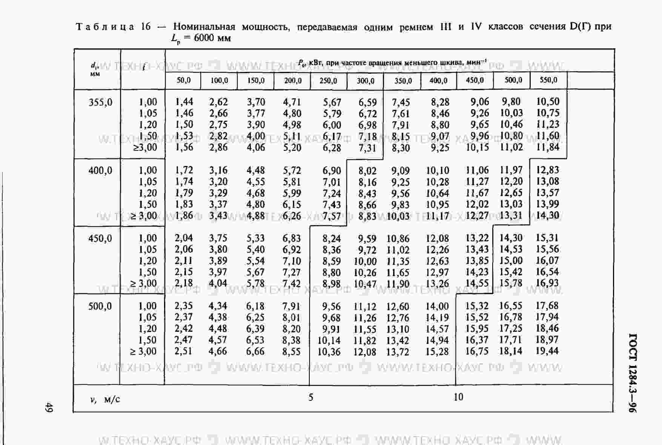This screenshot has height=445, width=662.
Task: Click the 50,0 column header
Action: click(x=184, y=80)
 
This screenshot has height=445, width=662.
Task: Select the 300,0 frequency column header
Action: click(x=366, y=81)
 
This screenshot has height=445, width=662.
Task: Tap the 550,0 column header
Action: click(x=548, y=80)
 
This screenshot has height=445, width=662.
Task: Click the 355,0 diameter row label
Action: click(x=100, y=102)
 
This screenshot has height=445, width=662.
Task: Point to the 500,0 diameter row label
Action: click(x=100, y=306)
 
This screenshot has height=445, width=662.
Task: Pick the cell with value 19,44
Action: click(x=547, y=351)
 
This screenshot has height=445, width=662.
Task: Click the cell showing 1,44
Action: click(x=184, y=102)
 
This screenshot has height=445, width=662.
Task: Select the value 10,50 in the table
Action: click(x=548, y=101)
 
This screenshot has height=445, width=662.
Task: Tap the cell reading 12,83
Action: click(x=547, y=170)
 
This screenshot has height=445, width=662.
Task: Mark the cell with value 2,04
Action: click(x=184, y=238)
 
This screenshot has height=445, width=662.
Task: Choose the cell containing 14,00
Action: click(x=437, y=306)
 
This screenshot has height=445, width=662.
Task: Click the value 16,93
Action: click(x=547, y=283)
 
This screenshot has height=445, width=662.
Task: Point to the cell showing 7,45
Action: click(x=401, y=102)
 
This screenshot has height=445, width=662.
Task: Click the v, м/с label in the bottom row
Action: click(x=105, y=399)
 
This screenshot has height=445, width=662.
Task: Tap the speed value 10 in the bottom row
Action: click(x=458, y=397)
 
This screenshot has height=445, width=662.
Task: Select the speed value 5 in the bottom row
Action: click(x=311, y=397)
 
